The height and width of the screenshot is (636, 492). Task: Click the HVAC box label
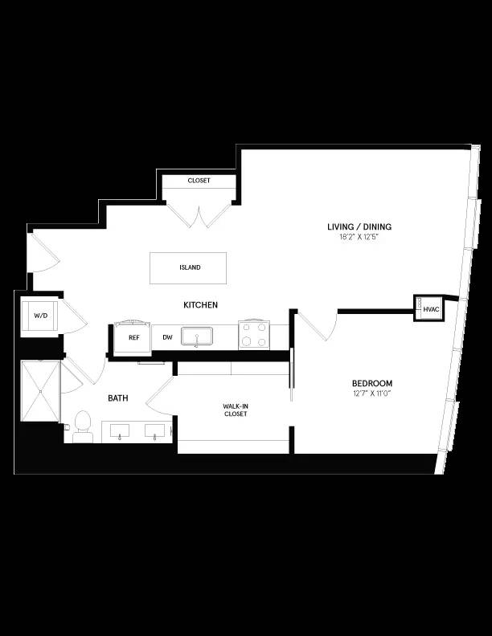pyautogui.click(x=431, y=308)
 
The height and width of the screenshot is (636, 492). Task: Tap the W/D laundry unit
pyautogui.click(x=40, y=316)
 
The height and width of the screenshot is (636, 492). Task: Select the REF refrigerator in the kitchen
pyautogui.click(x=133, y=337)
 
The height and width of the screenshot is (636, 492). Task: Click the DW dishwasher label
pyautogui.click(x=167, y=337)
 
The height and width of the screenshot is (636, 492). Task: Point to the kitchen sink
pyautogui.click(x=196, y=336)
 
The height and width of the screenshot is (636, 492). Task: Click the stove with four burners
pyautogui.click(x=254, y=335)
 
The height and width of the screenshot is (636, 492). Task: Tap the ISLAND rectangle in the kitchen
pyautogui.click(x=190, y=267)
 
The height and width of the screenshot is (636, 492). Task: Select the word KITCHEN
pyautogui.click(x=200, y=305)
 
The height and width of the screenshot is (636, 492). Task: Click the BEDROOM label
pyautogui.click(x=371, y=384)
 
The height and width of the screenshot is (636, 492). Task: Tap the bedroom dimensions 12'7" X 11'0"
pyautogui.click(x=371, y=393)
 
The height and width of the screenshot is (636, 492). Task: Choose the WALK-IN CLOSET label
pyautogui.click(x=235, y=410)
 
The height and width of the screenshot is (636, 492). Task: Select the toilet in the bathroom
pyautogui.click(x=82, y=426)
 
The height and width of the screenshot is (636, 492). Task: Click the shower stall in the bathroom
pyautogui.click(x=40, y=391)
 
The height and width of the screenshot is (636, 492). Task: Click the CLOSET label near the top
pyautogui.click(x=199, y=181)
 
